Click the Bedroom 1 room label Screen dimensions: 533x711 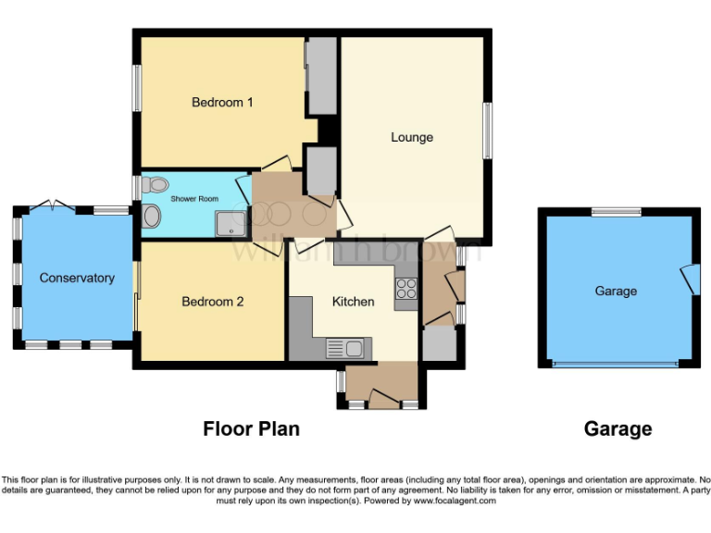click(x=222, y=102)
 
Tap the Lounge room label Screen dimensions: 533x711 click(x=412, y=137)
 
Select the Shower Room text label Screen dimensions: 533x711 click(x=193, y=197)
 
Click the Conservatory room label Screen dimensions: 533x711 click(x=77, y=278)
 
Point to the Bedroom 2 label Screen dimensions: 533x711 click(x=212, y=301)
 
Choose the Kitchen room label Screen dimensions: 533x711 click(x=354, y=301)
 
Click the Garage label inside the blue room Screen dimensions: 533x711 click(x=616, y=291)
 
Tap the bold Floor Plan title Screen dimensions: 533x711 click(x=251, y=429)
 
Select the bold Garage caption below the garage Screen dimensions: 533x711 click(x=617, y=429)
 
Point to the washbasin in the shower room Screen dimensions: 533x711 click(x=151, y=217)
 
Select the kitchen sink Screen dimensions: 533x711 click(x=345, y=349)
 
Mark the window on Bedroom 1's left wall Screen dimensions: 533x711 click(x=136, y=88)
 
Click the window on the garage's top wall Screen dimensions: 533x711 click(x=617, y=212)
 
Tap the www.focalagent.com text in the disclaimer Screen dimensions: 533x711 click(x=454, y=501)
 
